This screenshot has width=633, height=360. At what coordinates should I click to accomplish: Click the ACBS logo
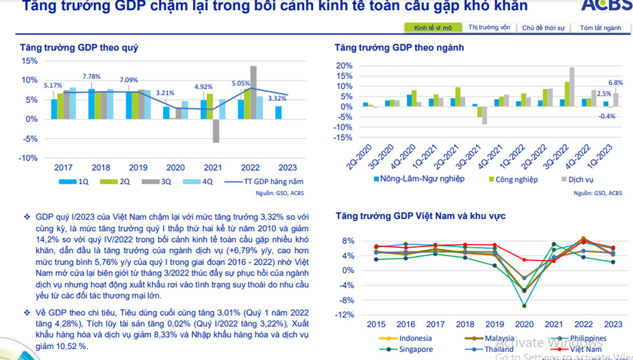pos(605,5)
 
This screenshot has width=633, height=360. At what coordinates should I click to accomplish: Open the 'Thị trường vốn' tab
pos(489,28)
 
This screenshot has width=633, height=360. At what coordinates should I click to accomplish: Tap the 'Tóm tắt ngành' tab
pos(600,28)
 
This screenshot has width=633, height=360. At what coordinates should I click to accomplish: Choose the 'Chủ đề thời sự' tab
pos(543,28)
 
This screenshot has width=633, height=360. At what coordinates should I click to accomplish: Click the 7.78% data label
pos(91,76)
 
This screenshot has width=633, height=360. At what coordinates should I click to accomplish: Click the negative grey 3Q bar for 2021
pos(216,131)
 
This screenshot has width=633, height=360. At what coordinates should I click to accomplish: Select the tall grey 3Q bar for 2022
pos(253,92)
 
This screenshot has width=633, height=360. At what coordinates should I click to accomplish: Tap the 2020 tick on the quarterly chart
pos(176,168)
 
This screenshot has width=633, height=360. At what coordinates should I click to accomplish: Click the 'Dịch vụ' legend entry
pos(580,179)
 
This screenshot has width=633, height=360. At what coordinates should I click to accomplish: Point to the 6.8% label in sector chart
pos(616,82)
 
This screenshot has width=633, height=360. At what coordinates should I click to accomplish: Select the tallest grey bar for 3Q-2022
pos(572,87)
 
